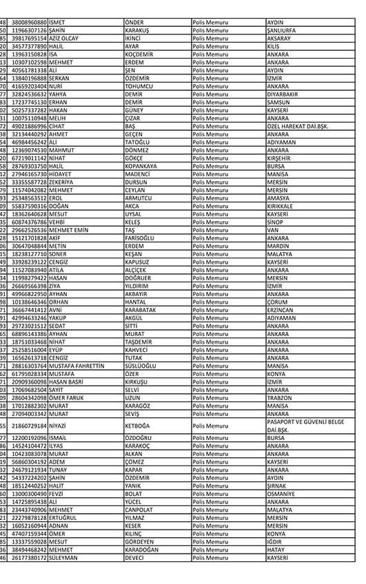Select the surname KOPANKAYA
144,166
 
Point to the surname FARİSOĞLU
143,238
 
